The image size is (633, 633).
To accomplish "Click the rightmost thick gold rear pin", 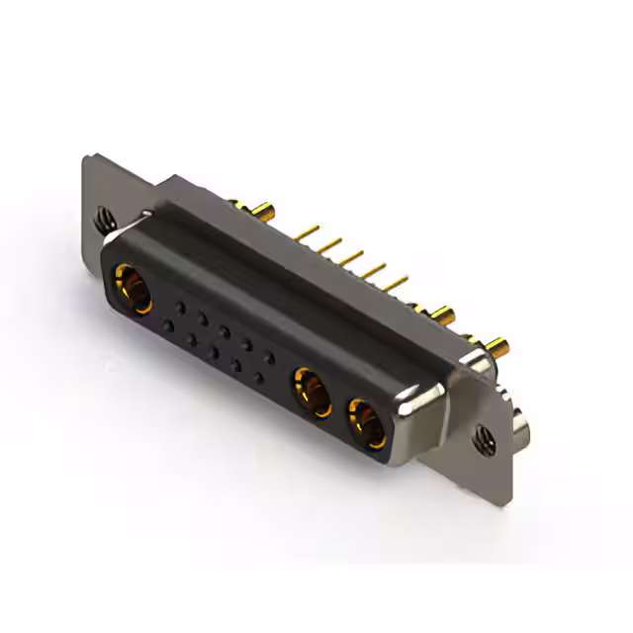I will pos(500,346).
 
